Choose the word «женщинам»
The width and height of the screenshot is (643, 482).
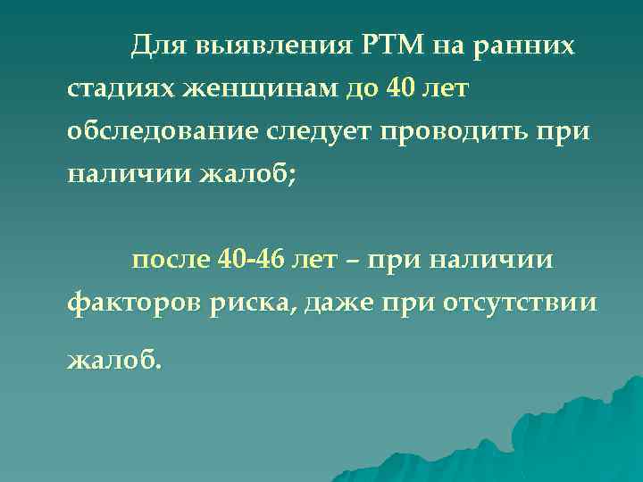coord(253,88)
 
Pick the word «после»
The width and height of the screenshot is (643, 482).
coord(171,260)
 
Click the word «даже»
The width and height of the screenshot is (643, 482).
coord(340,303)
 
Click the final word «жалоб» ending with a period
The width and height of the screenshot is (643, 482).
coord(115,358)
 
